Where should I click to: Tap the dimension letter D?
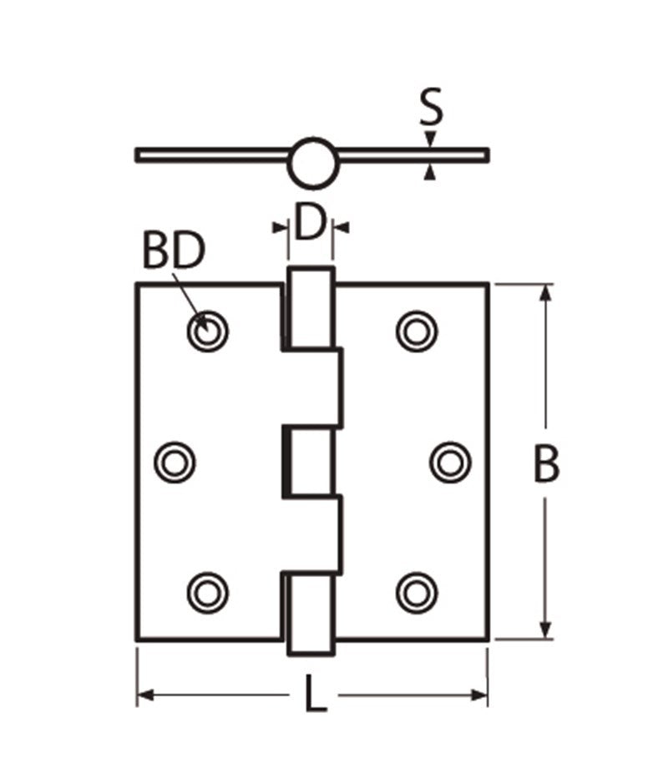310,224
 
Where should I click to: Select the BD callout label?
173,251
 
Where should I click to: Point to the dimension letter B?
547,464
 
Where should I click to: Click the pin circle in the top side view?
313,163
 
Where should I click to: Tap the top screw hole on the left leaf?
208,331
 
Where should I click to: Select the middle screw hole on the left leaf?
175,462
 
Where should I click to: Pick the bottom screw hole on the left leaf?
208,592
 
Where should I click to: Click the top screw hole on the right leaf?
417,331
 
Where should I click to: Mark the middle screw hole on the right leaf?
450,462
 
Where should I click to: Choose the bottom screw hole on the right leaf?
417,592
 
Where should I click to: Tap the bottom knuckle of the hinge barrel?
311,613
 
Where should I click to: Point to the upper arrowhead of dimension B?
546,292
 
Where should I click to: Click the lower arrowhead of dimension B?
546,631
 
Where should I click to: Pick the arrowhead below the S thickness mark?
429,172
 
